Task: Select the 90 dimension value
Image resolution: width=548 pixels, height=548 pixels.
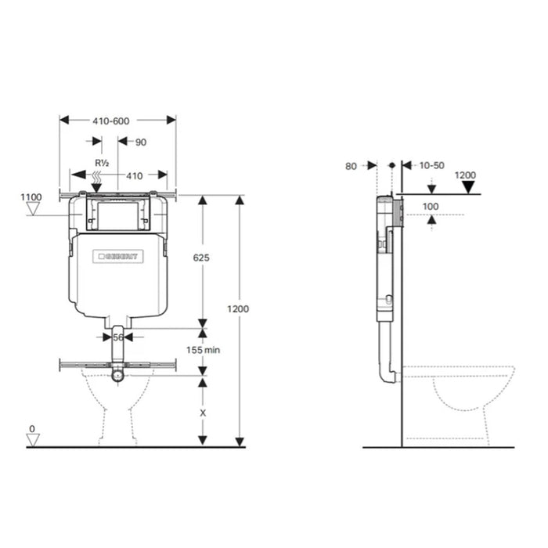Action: tap(141, 142)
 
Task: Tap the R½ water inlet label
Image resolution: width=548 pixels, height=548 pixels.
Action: tap(101, 163)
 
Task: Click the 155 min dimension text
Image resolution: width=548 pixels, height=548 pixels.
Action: tap(203, 350)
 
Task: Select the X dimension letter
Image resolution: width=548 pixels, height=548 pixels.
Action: tap(203, 412)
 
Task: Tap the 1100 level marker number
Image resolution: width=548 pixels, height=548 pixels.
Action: tap(31, 197)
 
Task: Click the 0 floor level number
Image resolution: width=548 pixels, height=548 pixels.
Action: tap(32, 429)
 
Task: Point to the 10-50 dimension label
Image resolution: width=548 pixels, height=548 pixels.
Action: tap(431, 165)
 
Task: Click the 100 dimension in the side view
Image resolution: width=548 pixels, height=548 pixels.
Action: tap(430, 206)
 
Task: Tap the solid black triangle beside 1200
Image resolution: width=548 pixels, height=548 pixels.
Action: tap(469, 187)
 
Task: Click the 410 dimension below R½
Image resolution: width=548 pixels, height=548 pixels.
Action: tap(135, 175)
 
